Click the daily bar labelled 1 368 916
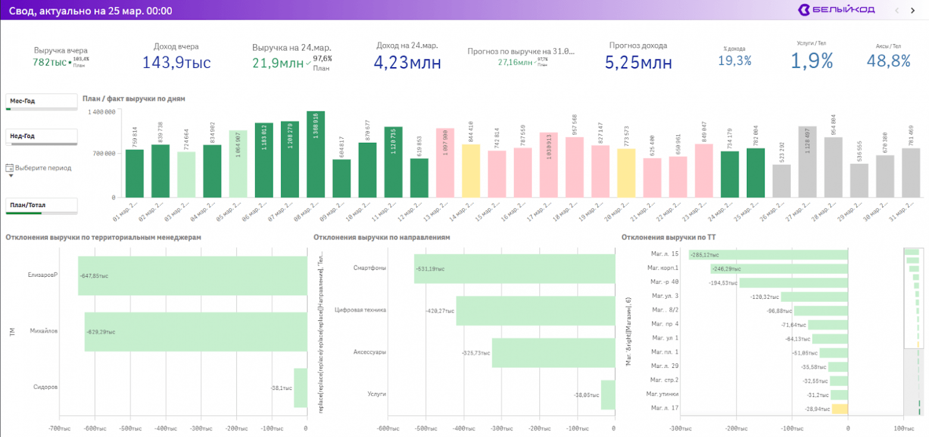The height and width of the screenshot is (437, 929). click(x=316, y=154)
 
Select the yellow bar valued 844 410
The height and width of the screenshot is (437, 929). click(x=470, y=170)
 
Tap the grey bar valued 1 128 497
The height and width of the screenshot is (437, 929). click(x=808, y=161)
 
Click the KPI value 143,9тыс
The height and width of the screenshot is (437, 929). click(x=176, y=61)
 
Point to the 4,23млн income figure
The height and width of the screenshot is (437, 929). click(x=407, y=61)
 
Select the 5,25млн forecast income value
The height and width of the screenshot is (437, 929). click(x=638, y=62)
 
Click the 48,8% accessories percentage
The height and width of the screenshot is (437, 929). click(x=888, y=60)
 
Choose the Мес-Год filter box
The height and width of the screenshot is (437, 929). click(x=42, y=102)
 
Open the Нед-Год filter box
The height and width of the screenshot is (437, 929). click(x=42, y=136)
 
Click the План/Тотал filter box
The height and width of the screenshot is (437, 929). click(x=42, y=205)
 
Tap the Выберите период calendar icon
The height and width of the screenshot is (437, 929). click(x=9, y=168)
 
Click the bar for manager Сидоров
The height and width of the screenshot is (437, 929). click(x=300, y=388)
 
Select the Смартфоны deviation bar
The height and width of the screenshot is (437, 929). click(x=515, y=269)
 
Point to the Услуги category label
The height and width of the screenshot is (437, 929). click(x=376, y=394)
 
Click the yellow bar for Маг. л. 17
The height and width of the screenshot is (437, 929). click(x=839, y=408)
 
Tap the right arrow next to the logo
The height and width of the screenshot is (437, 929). click(x=912, y=10)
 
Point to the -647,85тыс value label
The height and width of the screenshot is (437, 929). click(x=93, y=276)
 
